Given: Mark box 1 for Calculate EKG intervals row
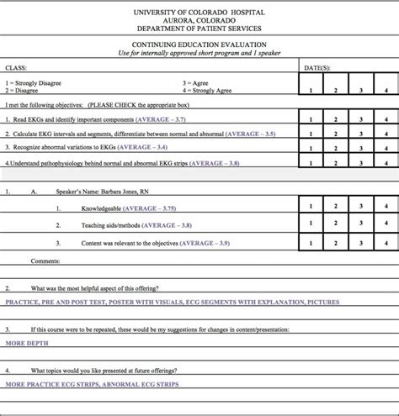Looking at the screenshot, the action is [311, 134].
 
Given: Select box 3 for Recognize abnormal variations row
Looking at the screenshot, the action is [360, 147].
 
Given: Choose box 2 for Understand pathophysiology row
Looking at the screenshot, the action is [335, 161].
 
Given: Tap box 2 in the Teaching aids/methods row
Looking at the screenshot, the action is [335, 225].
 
